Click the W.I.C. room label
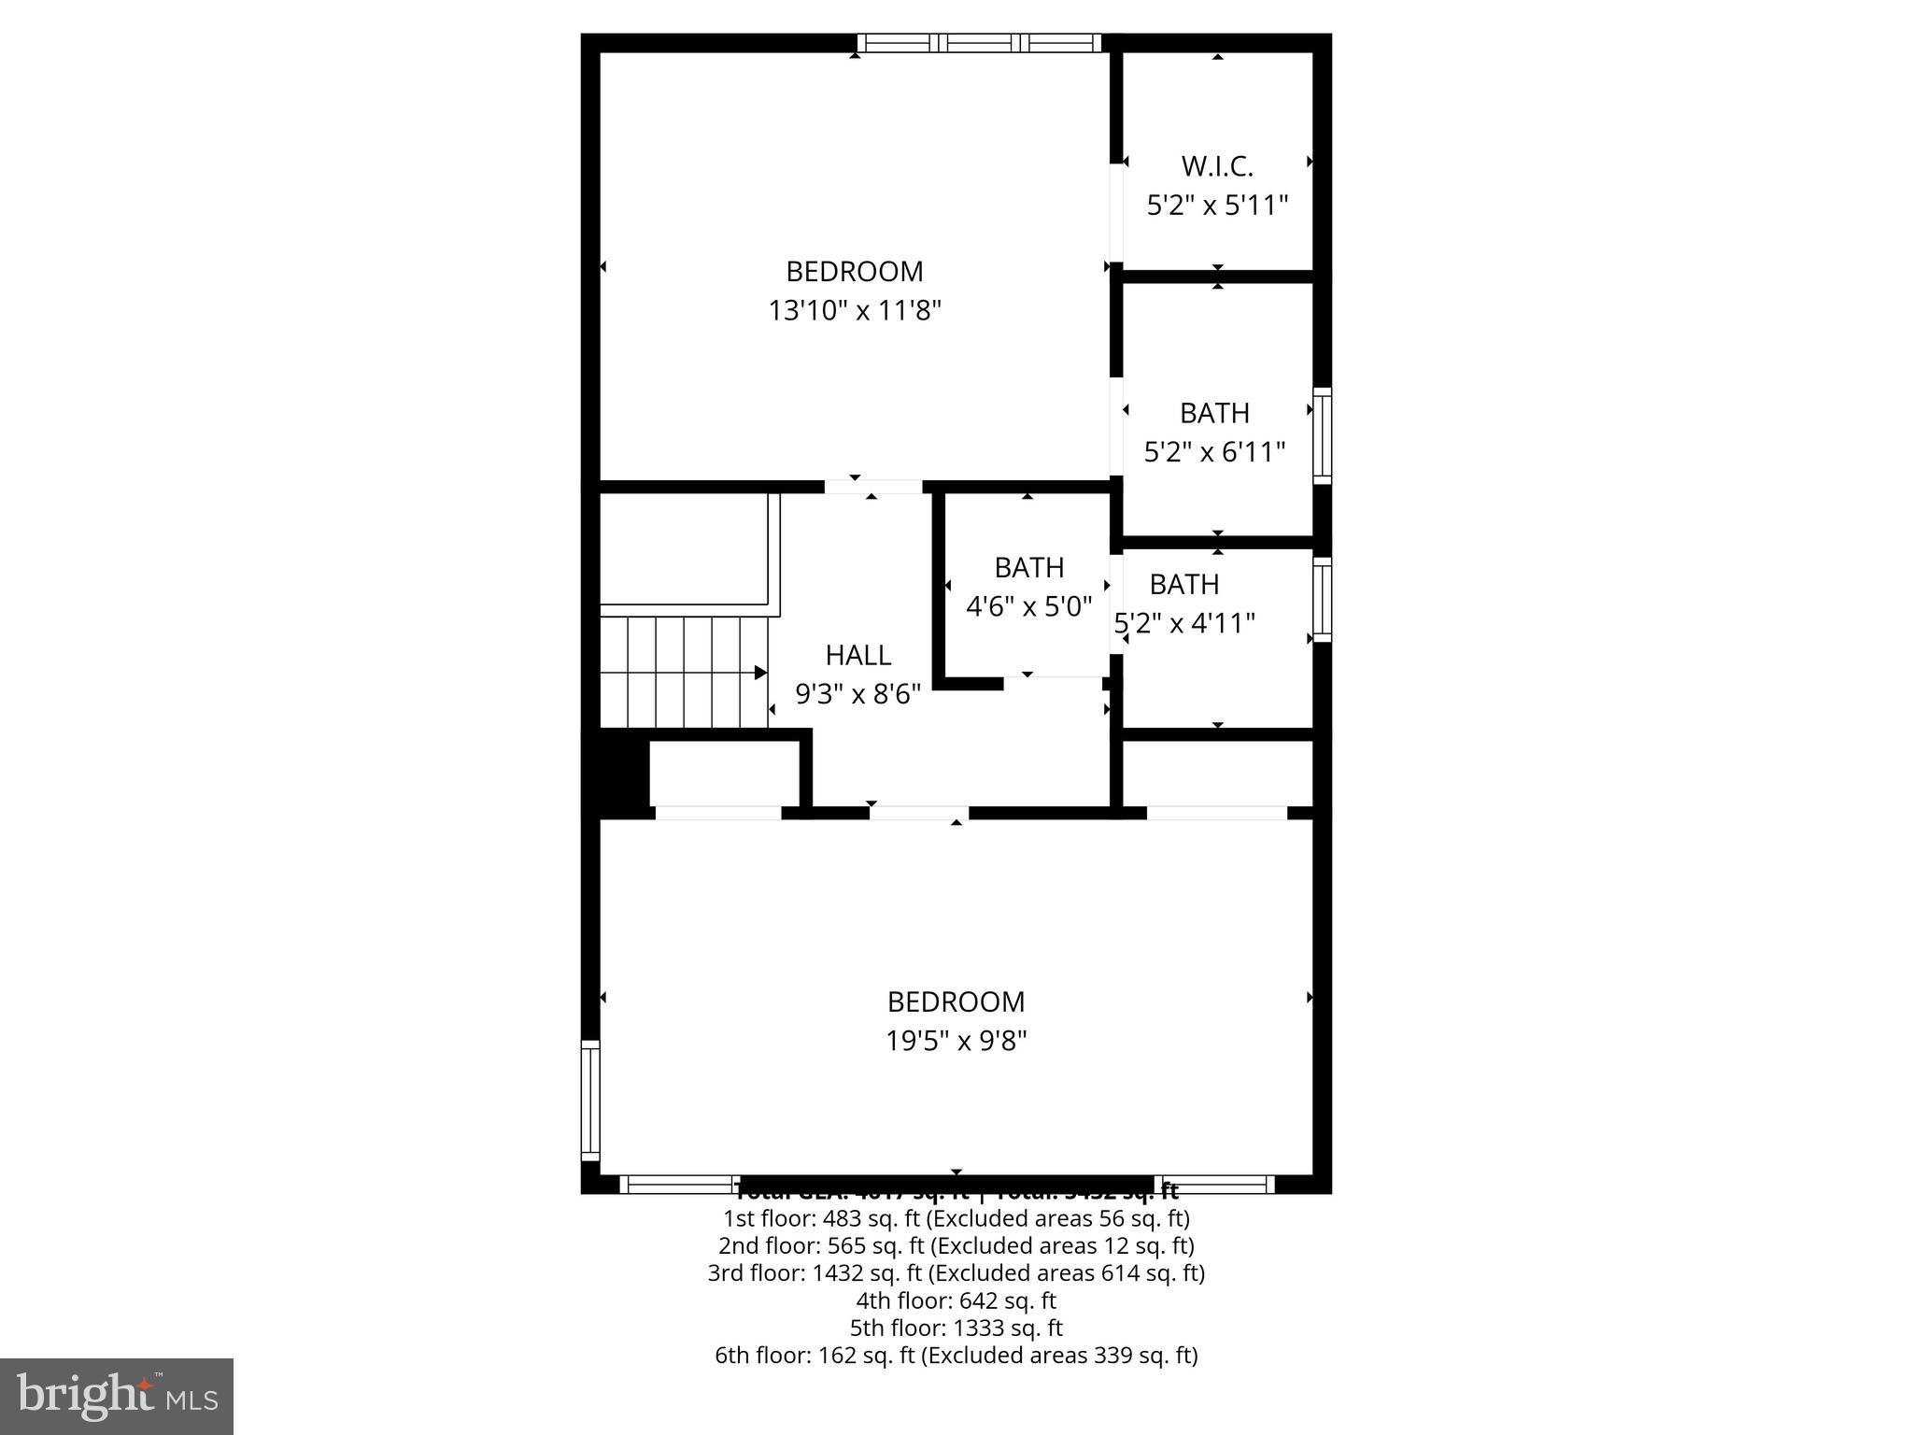[1217, 166]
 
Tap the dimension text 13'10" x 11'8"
[855, 310]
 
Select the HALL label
[857, 655]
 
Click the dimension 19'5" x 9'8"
[956, 1041]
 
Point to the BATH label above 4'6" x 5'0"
[1028, 568]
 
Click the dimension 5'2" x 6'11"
[1214, 452]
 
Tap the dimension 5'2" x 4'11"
[1184, 623]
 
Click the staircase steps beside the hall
[682, 672]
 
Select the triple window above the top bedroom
[979, 43]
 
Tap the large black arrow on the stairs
[760, 673]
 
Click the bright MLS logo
[116, 1397]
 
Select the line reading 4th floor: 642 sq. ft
[956, 1300]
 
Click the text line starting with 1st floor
[956, 1218]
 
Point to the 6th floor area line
[956, 1355]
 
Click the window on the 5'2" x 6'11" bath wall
[1322, 435]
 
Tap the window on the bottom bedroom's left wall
[590, 1100]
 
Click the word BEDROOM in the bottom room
[956, 1002]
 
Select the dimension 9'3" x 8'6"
[857, 694]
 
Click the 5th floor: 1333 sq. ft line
[956, 1328]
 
